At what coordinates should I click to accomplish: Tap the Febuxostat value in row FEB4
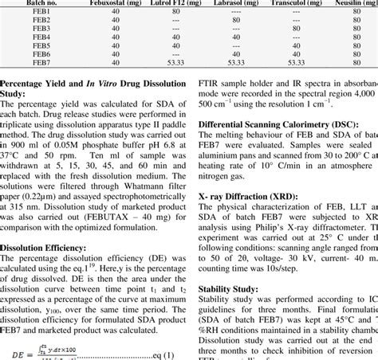[x=116, y=37]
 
